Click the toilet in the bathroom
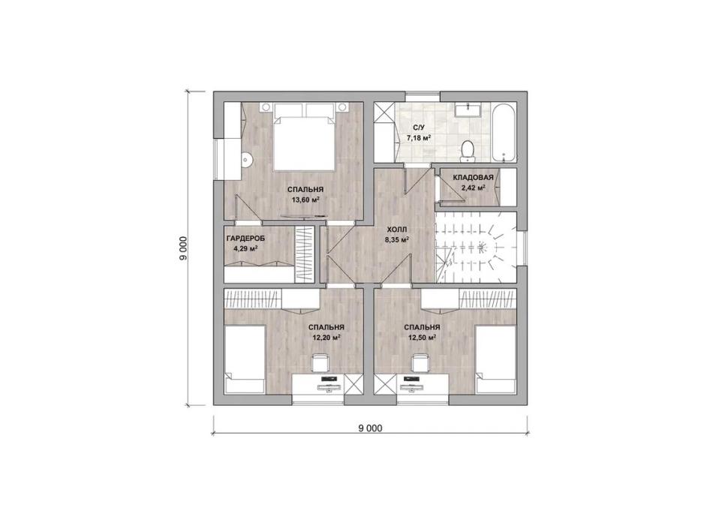click(x=468, y=151)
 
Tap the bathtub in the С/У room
click(x=504, y=133)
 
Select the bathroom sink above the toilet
click(x=468, y=110)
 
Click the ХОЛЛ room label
click(x=397, y=230)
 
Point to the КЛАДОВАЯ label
click(x=474, y=177)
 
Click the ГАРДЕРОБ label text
click(x=245, y=239)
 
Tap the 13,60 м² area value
click(x=305, y=199)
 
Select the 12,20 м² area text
click(x=326, y=338)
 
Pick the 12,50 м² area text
click(x=422, y=338)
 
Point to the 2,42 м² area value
click(x=474, y=187)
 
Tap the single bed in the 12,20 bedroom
click(x=245, y=359)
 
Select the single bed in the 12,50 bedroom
click(x=495, y=359)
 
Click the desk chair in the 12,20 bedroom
click(x=320, y=363)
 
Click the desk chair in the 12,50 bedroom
click(x=420, y=363)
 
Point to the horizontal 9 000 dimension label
click(x=370, y=428)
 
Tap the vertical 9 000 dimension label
click(x=183, y=249)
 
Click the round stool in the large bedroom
click(x=246, y=159)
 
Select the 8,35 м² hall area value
click(x=397, y=239)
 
